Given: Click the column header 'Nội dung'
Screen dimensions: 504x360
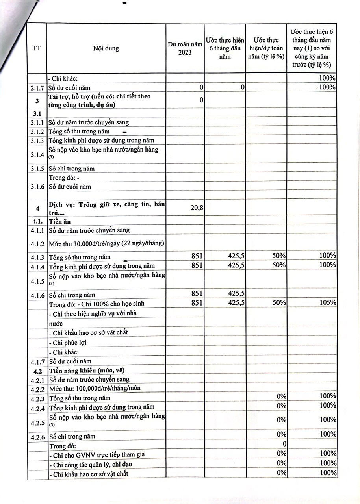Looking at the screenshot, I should click(x=106, y=49).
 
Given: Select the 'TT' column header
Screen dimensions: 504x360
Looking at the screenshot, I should click(x=37, y=49).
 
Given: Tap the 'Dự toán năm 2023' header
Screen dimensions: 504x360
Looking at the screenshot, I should click(x=185, y=48).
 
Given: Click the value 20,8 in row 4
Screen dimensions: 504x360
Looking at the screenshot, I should click(x=197, y=208).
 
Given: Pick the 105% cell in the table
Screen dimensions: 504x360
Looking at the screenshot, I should click(x=328, y=302).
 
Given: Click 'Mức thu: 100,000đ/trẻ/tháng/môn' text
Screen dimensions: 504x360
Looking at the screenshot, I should click(x=95, y=389).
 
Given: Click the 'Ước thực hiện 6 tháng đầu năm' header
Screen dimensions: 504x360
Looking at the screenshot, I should click(x=225, y=48).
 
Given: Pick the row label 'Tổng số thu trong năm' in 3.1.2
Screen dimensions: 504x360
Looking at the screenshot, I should click(x=79, y=132).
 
